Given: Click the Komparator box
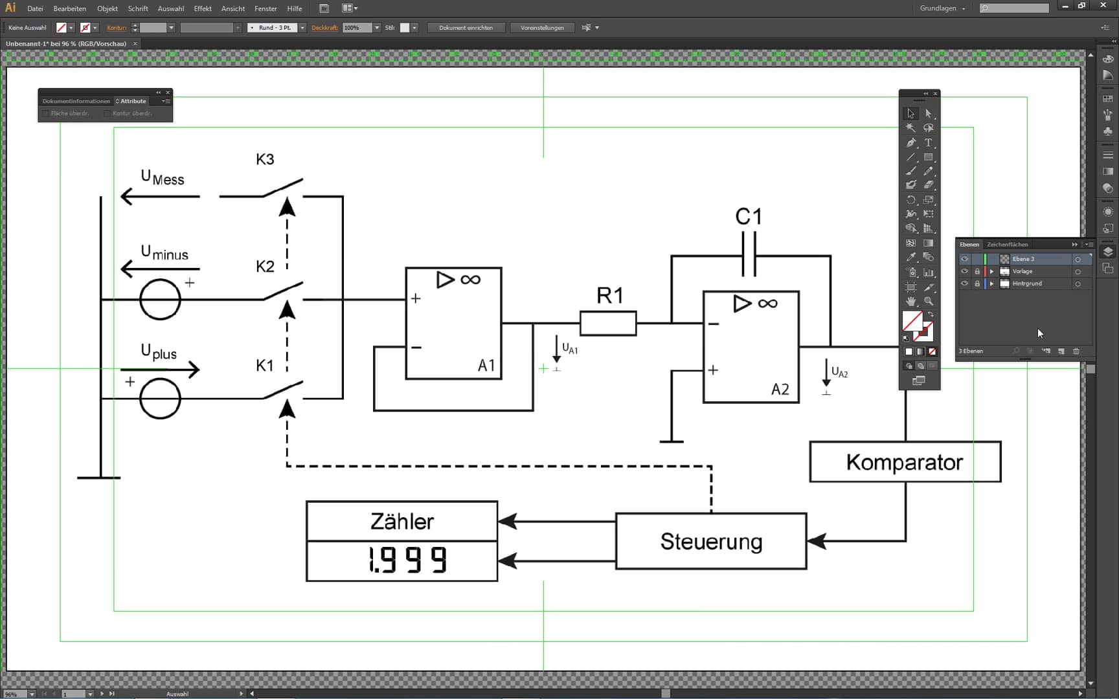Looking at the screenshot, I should [x=905, y=462].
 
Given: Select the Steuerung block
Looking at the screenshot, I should [x=711, y=541].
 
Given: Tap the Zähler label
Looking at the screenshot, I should [x=402, y=522].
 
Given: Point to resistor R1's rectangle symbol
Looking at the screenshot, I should [x=608, y=324].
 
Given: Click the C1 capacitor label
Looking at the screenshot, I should [x=749, y=216].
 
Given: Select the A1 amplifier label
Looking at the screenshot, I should [x=486, y=366].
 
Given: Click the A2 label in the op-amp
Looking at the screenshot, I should [x=780, y=389].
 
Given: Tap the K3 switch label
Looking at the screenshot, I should [x=265, y=159].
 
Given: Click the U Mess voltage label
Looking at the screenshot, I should [x=163, y=177].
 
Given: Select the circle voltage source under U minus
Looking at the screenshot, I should [x=160, y=300].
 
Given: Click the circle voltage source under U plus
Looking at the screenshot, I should [x=160, y=399].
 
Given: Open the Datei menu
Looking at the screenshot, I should [x=35, y=8].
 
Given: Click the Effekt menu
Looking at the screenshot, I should [x=203, y=8].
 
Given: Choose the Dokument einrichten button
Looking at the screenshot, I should [x=466, y=28].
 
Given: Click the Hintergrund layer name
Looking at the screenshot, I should [x=1027, y=283].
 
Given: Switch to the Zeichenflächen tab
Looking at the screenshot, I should [x=1007, y=245].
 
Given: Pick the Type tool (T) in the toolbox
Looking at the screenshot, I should [x=928, y=142].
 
